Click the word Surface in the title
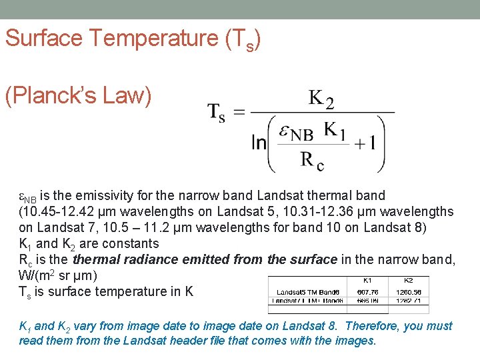click(x=44, y=38)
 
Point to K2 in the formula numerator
click(x=321, y=99)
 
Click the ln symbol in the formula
click(x=259, y=143)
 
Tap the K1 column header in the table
click(x=367, y=281)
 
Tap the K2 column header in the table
click(x=409, y=281)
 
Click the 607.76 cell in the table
click(x=367, y=292)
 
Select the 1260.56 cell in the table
click(x=409, y=292)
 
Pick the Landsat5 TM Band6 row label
click(x=310, y=292)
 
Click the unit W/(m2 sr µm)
click(x=59, y=275)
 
